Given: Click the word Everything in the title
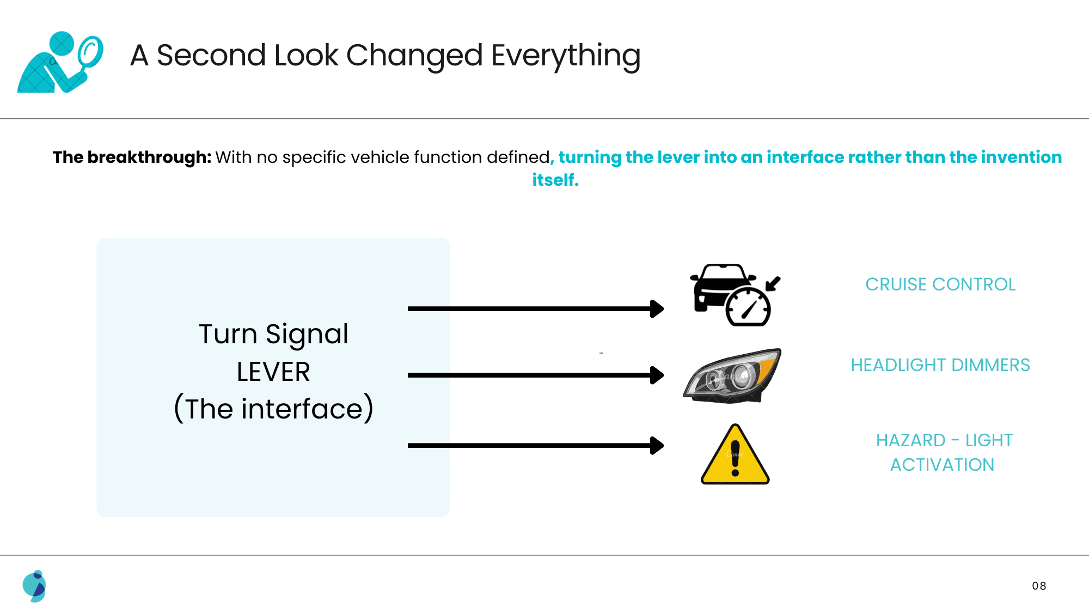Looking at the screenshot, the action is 566,56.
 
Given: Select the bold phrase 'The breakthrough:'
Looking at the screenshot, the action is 132,157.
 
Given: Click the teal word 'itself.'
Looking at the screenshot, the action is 555,180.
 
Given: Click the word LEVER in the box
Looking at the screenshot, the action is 273,372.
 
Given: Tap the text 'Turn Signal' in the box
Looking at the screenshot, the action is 273,334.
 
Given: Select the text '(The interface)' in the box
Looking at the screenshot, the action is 273,409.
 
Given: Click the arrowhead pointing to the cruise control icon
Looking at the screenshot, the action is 657,309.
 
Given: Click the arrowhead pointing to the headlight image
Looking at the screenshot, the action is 657,375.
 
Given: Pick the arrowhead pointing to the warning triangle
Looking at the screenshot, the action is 657,446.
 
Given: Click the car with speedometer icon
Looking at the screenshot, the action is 735,295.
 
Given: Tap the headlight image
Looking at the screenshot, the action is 732,376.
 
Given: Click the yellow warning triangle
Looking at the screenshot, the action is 735,454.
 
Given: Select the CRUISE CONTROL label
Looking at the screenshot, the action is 940,284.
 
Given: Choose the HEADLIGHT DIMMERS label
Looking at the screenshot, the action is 940,365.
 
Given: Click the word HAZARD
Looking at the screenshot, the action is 910,440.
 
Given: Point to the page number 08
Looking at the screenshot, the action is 1039,586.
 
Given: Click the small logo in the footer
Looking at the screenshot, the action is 34,586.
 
